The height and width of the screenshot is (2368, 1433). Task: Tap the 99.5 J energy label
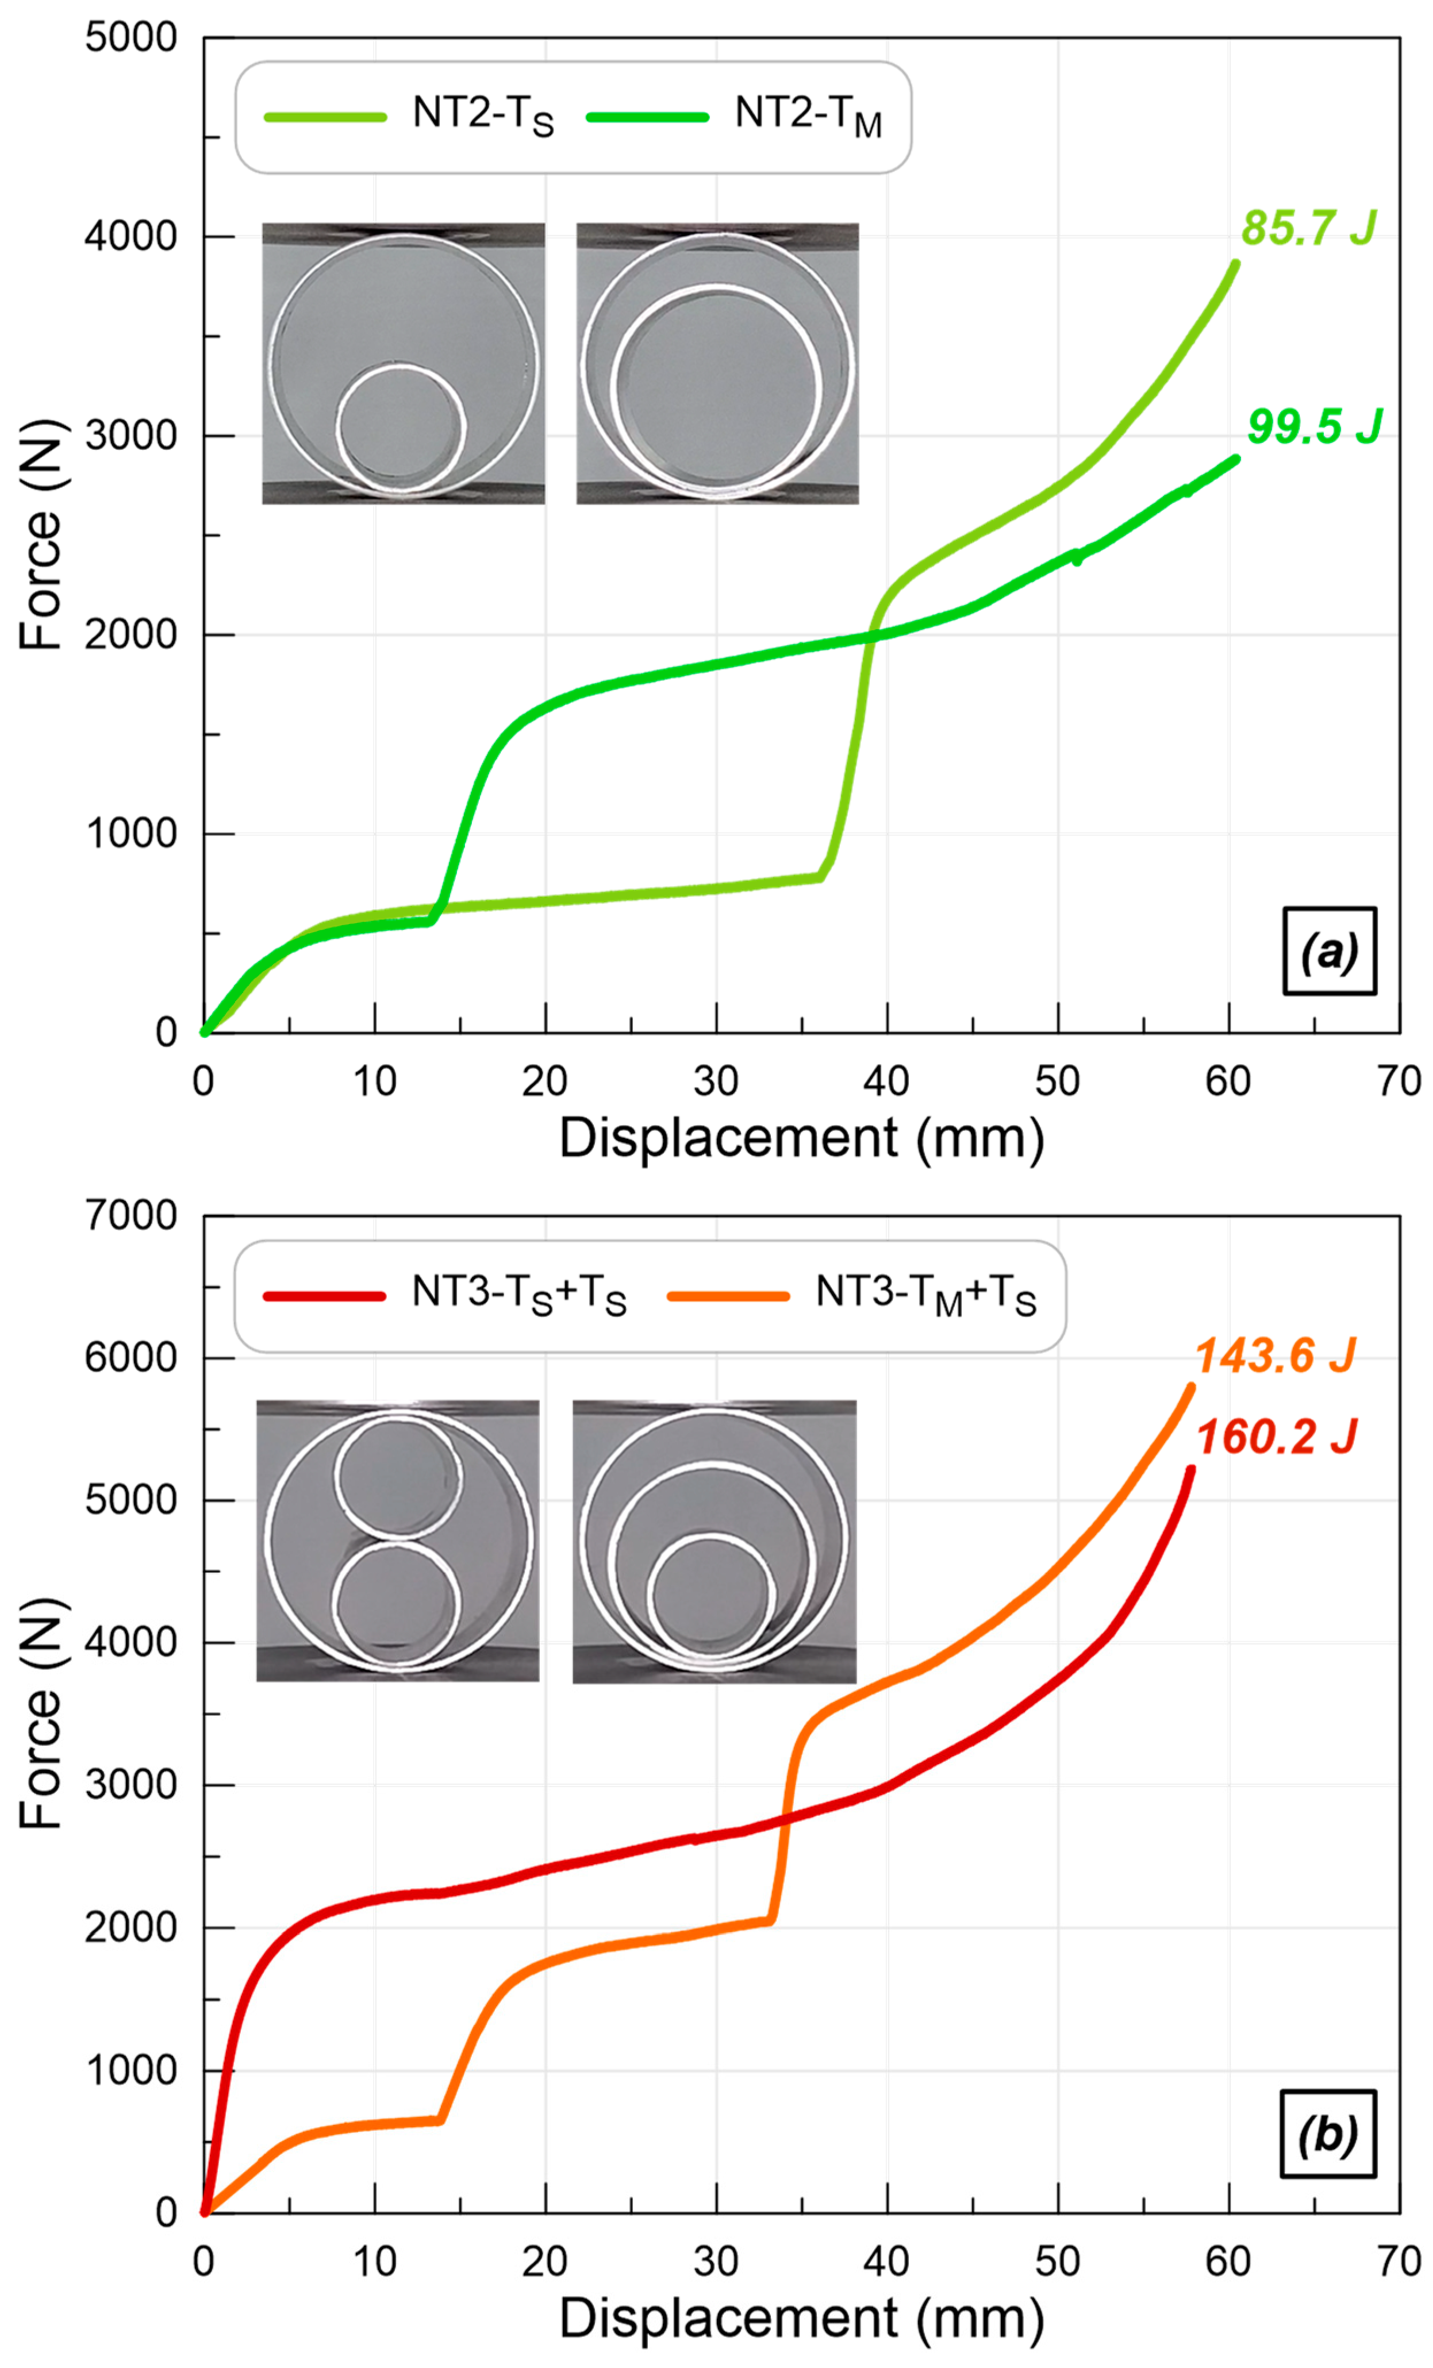pos(1314,427)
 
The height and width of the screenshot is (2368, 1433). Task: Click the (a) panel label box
pos(1329,952)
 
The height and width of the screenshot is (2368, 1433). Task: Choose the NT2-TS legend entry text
pos(482,115)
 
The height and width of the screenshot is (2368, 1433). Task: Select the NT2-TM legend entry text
pos(808,115)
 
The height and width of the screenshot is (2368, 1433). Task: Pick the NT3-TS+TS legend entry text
pos(519,1295)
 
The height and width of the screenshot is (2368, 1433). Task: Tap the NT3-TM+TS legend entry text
pos(925,1295)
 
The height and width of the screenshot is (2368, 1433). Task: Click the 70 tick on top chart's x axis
pos(1399,1082)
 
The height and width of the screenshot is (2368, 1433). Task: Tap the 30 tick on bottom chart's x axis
pos(716,2262)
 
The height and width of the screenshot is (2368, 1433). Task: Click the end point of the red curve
pos(1191,1469)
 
